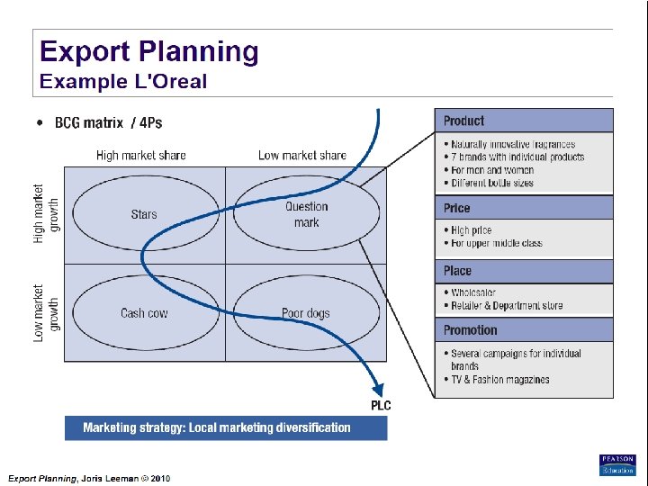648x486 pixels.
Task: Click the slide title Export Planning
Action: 148,51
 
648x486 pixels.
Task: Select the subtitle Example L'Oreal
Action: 123,82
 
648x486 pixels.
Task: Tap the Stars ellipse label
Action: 144,214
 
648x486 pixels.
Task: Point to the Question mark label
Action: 306,214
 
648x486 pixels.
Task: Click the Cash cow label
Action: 144,313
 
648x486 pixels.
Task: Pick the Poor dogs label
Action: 306,313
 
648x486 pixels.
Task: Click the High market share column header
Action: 141,156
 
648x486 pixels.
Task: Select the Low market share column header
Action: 301,156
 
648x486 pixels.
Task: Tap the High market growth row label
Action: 46,214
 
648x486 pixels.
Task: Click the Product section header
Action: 463,121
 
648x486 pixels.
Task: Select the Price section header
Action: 457,208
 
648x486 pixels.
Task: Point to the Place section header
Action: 457,271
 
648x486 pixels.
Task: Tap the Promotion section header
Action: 471,330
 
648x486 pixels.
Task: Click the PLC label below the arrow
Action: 382,405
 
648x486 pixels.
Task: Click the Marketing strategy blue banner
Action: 226,427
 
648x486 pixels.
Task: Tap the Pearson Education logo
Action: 617,464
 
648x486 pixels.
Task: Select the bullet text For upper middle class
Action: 497,243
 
